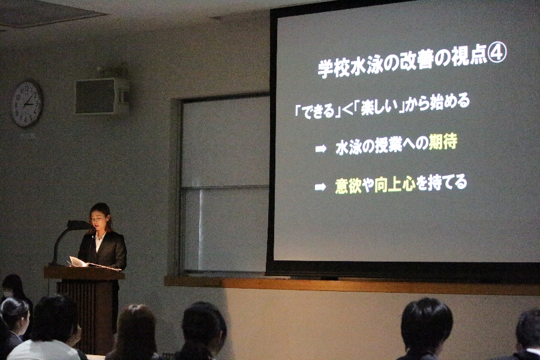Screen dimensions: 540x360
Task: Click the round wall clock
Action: click(27, 104)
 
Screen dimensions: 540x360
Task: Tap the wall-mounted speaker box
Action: click(101, 96)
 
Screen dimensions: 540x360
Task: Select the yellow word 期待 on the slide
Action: click(443, 142)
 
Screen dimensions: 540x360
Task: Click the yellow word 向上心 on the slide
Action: click(396, 184)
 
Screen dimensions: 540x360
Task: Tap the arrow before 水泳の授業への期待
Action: click(320, 149)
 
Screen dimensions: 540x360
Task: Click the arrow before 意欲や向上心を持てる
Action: click(320, 187)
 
